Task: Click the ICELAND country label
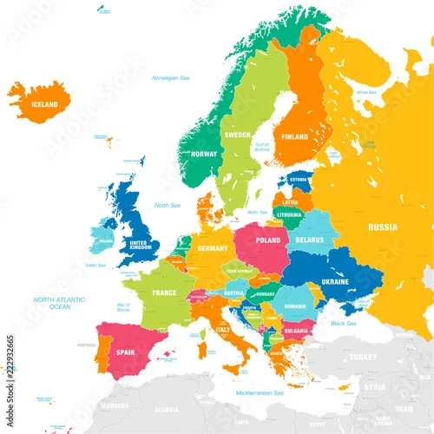(44, 104)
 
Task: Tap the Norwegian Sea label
(170, 77)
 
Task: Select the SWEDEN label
(237, 136)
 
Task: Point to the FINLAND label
(295, 136)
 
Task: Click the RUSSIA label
(383, 227)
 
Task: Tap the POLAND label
(267, 240)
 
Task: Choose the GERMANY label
(212, 248)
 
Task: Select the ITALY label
(222, 330)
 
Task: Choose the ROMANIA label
(294, 306)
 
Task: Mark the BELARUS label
(311, 239)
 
